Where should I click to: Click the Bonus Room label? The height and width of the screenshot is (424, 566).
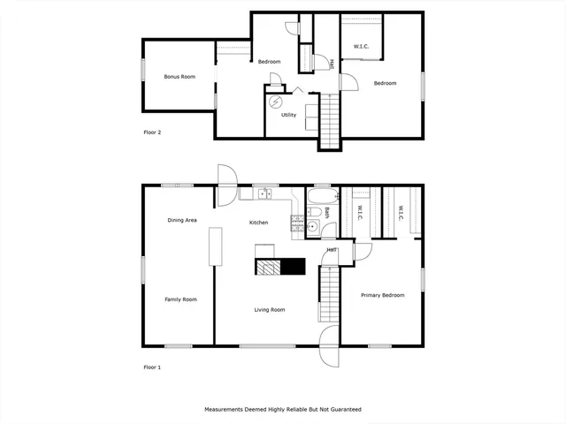(x=179, y=77)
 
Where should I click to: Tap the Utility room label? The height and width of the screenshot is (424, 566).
(x=288, y=115)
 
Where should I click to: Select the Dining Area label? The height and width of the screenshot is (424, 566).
(x=182, y=219)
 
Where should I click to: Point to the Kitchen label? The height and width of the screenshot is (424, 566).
(x=258, y=223)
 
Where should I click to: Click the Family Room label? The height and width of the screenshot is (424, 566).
(x=180, y=299)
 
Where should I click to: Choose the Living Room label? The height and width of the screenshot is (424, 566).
(x=270, y=310)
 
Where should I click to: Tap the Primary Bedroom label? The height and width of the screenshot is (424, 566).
(x=382, y=295)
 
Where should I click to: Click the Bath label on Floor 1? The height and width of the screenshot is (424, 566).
(x=326, y=213)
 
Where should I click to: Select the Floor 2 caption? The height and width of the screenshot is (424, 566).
(x=152, y=132)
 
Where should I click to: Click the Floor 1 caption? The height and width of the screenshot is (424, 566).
(x=152, y=366)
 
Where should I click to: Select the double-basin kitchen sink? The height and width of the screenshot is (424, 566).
(x=264, y=194)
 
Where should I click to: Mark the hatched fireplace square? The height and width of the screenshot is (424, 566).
(x=268, y=267)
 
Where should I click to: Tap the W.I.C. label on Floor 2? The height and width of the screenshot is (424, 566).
(x=361, y=47)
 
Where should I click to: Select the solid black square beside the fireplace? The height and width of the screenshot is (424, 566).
(x=293, y=267)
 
